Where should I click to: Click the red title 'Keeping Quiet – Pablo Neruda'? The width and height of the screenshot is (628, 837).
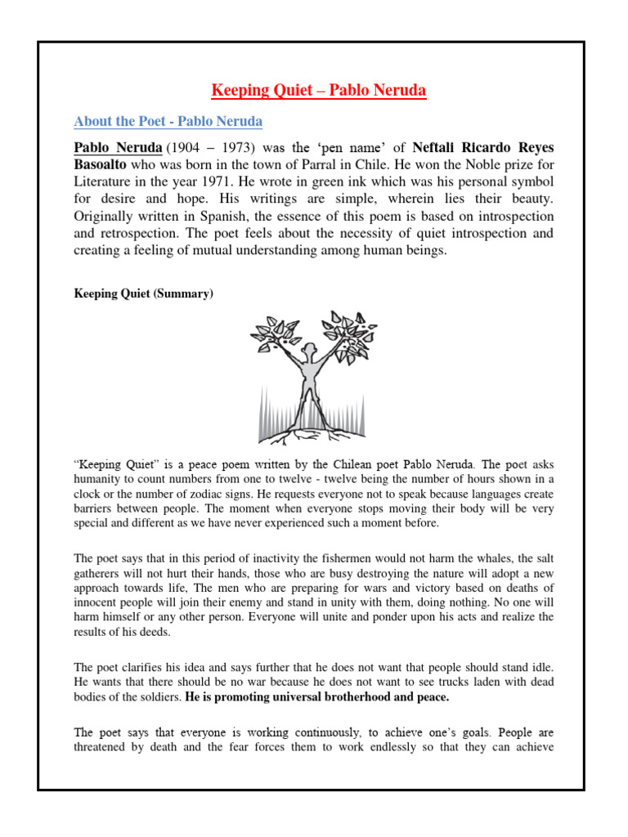[x=319, y=90]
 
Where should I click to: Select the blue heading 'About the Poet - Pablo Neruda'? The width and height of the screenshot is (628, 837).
[x=168, y=122]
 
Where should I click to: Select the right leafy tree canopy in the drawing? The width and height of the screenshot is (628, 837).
[x=349, y=331]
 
